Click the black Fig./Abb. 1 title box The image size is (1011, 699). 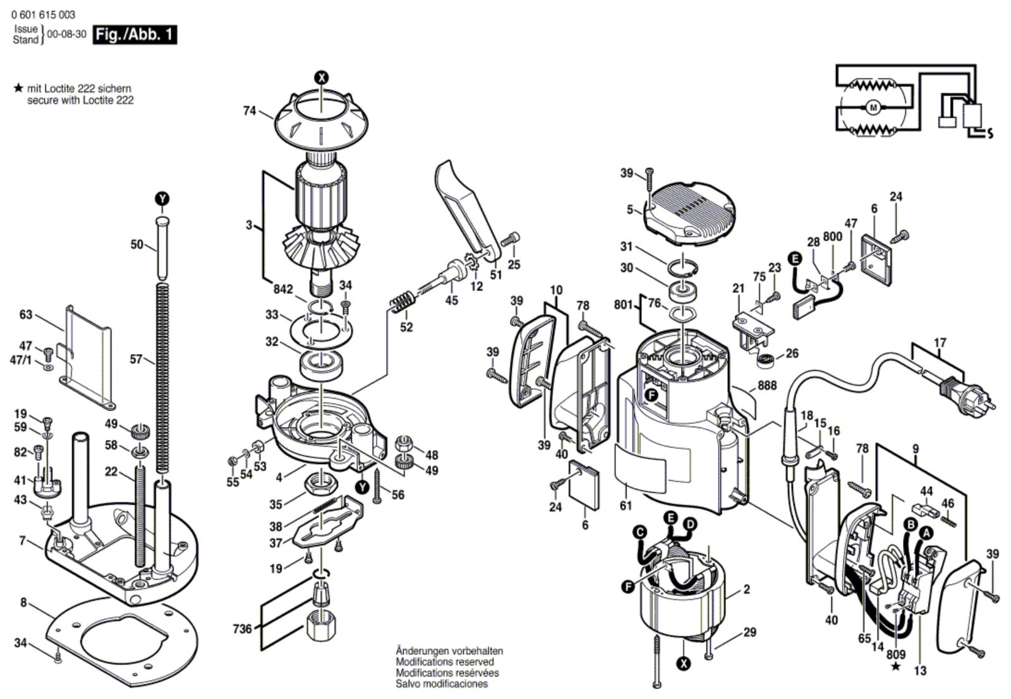[135, 35]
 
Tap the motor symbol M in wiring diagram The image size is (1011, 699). [873, 107]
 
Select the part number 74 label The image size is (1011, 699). [250, 111]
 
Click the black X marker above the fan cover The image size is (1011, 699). [322, 78]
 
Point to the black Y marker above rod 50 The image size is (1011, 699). [162, 198]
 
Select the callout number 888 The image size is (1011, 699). [767, 385]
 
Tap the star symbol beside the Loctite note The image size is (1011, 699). [18, 88]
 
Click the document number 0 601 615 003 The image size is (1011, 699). [44, 15]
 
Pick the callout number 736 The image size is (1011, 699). [242, 628]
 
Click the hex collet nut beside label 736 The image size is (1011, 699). [321, 625]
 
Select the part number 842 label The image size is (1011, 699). [283, 289]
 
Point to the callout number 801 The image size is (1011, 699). [623, 305]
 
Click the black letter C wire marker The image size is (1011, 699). [639, 532]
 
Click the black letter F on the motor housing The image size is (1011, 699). [651, 395]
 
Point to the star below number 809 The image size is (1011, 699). [896, 666]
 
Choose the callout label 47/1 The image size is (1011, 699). [21, 361]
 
